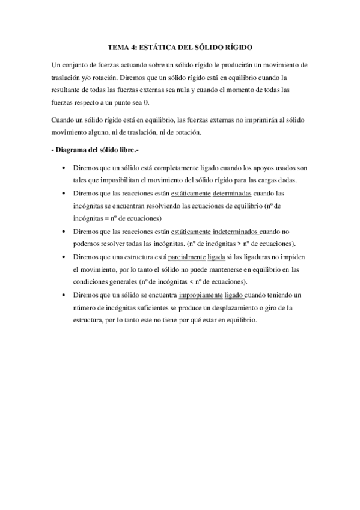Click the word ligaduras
[266, 257]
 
